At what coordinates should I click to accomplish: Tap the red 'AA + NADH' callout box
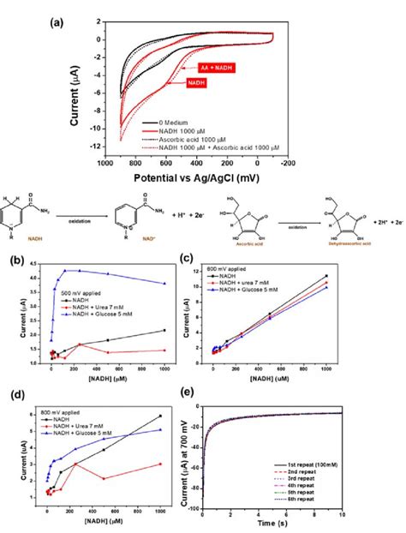point(213,66)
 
